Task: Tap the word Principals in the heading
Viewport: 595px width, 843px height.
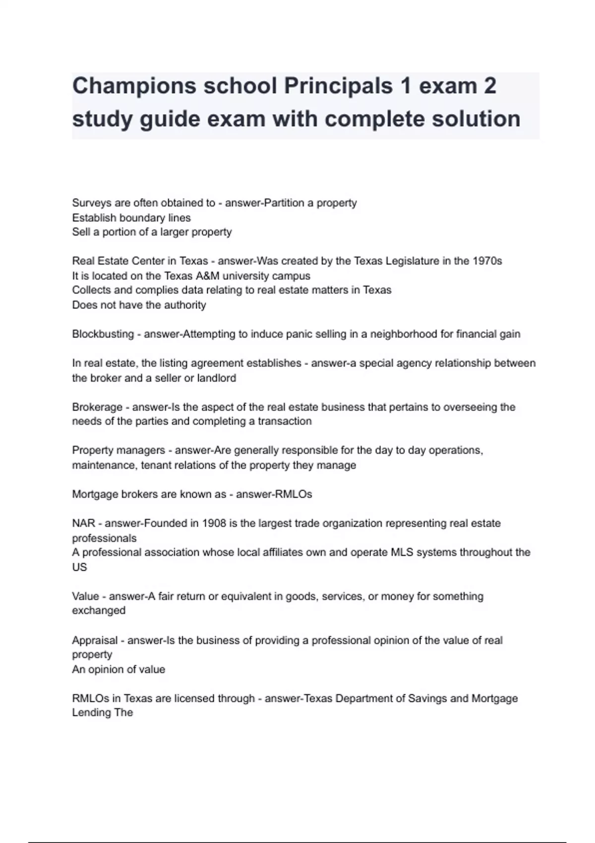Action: (x=338, y=86)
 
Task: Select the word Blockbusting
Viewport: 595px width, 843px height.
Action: (x=103, y=334)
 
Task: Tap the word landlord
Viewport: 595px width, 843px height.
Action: (x=217, y=378)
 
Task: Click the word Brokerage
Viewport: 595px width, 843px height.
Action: (x=97, y=407)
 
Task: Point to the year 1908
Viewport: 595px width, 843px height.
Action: (x=214, y=524)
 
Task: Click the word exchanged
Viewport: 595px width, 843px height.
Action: (x=99, y=610)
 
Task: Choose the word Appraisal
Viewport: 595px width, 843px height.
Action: (x=95, y=641)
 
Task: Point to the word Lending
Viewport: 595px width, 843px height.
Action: (x=91, y=713)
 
